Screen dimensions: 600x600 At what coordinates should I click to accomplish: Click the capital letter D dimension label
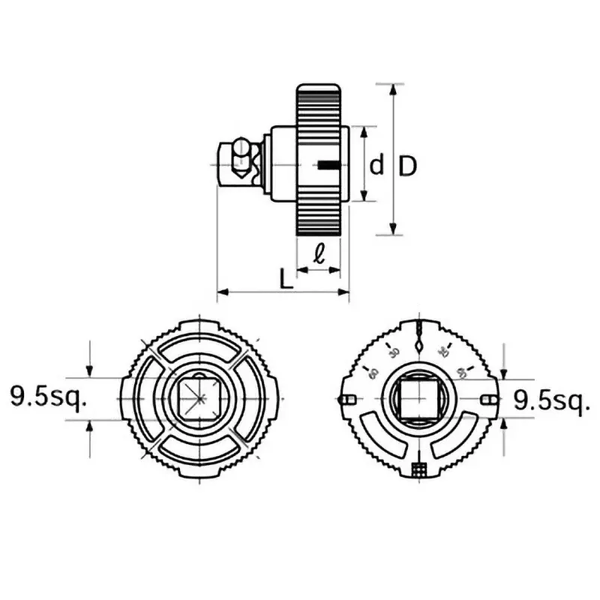click(406, 165)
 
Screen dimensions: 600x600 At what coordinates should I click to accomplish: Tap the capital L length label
click(285, 279)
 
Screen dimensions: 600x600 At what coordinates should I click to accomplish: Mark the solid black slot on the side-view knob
click(328, 165)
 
